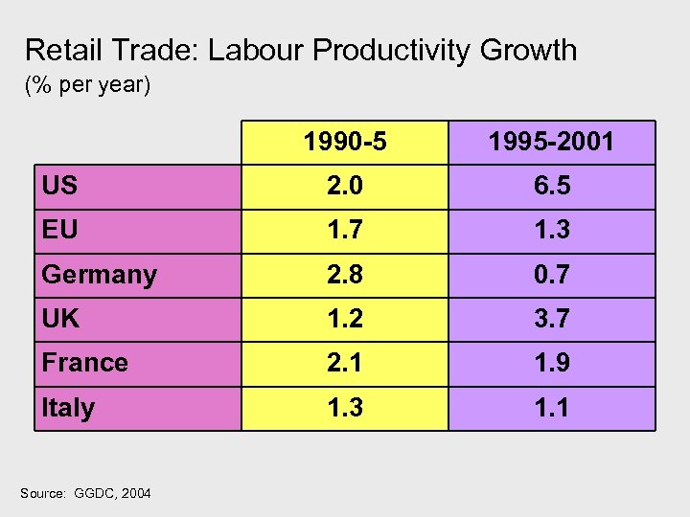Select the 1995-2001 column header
tap(551, 143)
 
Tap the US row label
tap(59, 187)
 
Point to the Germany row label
tap(99, 275)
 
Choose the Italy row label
tap(67, 408)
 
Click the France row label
tap(84, 363)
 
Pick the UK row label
tap(60, 319)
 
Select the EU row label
tap(59, 231)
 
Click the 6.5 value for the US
tap(551, 187)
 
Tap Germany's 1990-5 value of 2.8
tap(345, 275)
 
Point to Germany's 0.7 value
tap(551, 275)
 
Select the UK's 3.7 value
tap(551, 319)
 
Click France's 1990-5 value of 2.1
tap(345, 363)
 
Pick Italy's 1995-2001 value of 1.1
tap(551, 408)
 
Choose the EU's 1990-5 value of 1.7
tap(345, 231)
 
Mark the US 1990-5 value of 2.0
tap(345, 187)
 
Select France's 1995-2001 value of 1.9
tap(551, 363)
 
